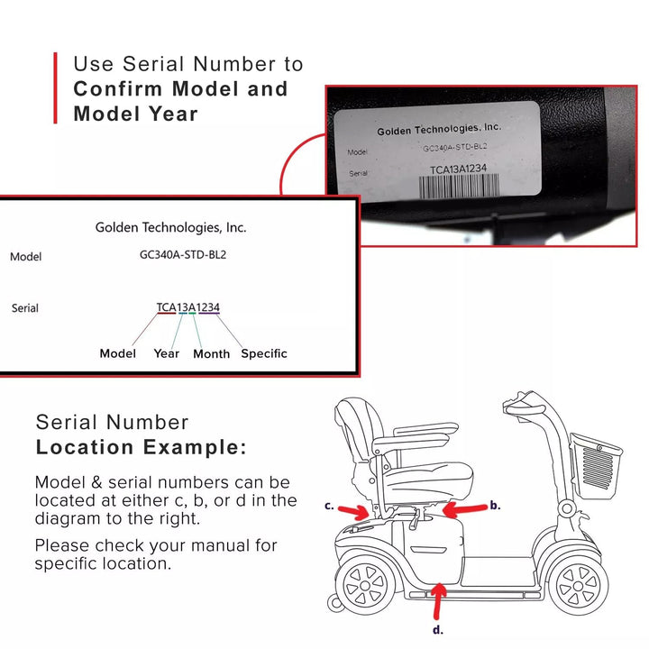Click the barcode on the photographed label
[x=459, y=186]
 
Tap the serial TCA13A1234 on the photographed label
[x=458, y=169]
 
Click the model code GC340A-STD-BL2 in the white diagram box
[x=183, y=254]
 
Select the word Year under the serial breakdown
[x=167, y=353]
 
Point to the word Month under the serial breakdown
[x=212, y=354]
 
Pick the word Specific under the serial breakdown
[x=264, y=354]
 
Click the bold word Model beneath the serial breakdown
[x=118, y=353]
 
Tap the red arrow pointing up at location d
[x=438, y=601]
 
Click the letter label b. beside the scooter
[x=496, y=505]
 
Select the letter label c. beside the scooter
[x=330, y=506]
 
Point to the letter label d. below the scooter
[x=438, y=630]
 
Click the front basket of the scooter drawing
[x=596, y=465]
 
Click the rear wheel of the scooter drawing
[x=365, y=585]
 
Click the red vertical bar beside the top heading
[x=56, y=87]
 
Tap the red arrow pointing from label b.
[x=465, y=510]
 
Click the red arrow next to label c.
[x=353, y=512]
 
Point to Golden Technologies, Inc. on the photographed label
[x=439, y=129]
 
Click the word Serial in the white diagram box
[x=25, y=308]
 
